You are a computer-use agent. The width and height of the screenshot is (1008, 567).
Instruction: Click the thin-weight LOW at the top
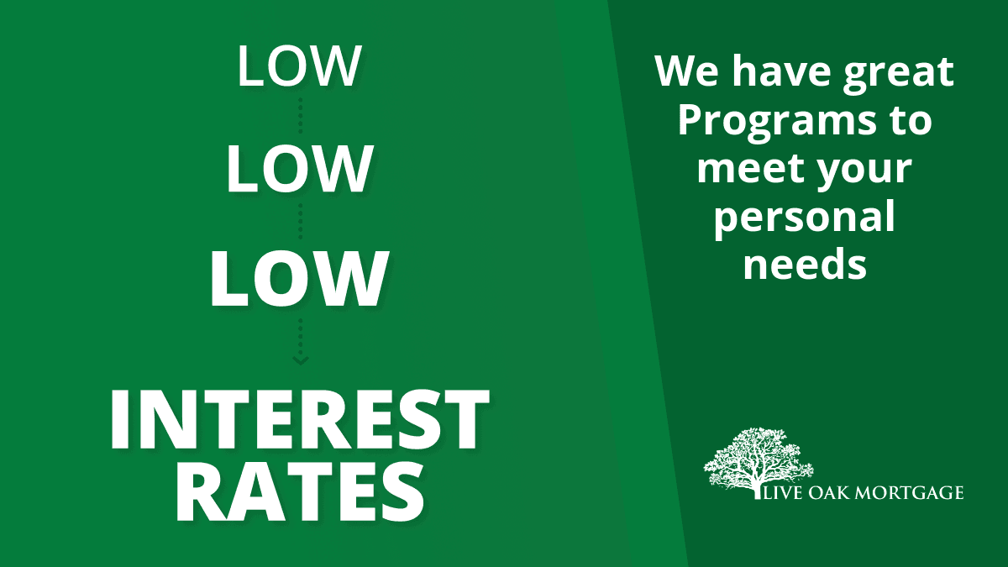pos(299,66)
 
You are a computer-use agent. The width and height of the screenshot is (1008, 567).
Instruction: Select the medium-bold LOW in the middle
pos(299,169)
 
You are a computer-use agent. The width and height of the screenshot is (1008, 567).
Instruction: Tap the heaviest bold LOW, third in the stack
pos(299,278)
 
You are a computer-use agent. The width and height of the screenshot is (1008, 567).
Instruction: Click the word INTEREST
pos(299,419)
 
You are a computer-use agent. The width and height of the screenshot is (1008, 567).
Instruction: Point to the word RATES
pos(300,493)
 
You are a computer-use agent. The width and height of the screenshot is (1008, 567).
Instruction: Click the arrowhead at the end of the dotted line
pos(301,360)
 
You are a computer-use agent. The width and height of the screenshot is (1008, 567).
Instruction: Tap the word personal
pos(805,218)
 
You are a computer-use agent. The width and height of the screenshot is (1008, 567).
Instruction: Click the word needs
pos(805,265)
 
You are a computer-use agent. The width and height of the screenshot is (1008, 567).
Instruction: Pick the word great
pos(898,72)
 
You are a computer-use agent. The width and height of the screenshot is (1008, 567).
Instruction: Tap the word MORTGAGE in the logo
pos(909,493)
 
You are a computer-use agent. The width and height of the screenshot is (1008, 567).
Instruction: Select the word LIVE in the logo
pos(783,493)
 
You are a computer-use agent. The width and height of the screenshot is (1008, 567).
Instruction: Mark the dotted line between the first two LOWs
pos(301,115)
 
